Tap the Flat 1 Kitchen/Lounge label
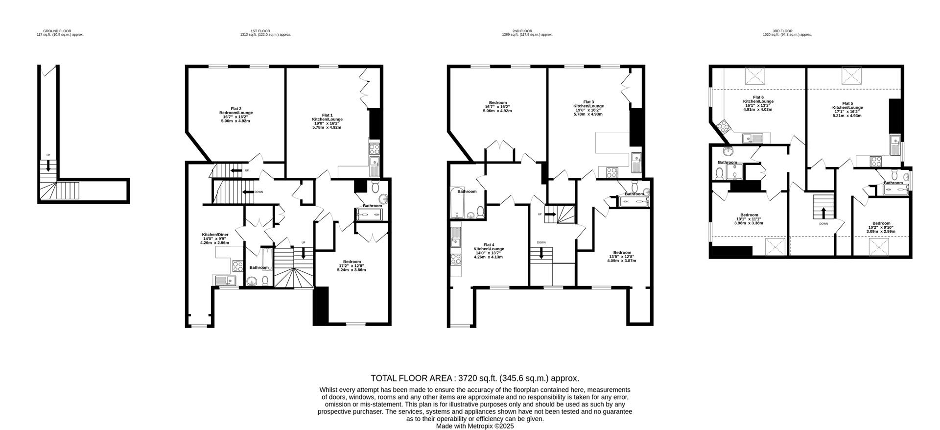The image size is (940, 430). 327,119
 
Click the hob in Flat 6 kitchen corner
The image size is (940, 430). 722,126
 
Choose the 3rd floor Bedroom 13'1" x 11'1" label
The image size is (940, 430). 749,219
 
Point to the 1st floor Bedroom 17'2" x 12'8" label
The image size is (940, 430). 352,265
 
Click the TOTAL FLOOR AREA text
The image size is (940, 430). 474,378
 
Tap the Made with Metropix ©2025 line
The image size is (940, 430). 474,426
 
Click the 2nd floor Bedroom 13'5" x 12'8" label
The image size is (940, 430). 622,257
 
